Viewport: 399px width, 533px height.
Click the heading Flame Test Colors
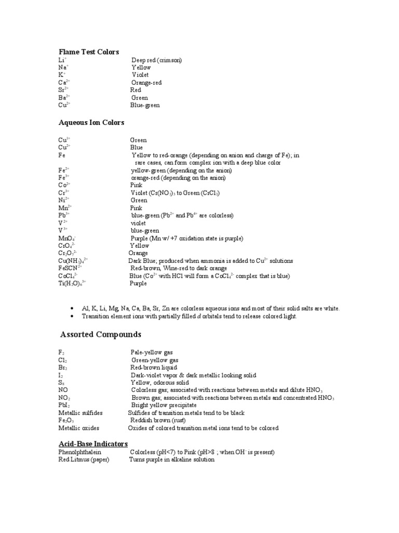pos(88,52)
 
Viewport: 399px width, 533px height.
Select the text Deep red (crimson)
pos(156,60)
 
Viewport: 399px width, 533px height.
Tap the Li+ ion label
pos(62,60)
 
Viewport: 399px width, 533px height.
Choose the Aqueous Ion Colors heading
pos(91,122)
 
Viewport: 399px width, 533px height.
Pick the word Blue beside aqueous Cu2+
pos(136,147)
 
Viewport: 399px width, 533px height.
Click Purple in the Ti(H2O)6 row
pos(138,284)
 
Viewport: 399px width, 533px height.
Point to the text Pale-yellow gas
pos(152,352)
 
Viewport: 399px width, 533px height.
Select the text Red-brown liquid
pos(154,367)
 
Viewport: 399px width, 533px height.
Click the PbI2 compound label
pos(64,405)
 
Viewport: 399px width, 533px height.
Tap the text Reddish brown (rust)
pos(158,420)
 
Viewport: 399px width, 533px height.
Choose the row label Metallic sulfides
pos(81,413)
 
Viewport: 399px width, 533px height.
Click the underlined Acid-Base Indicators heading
pos(93,443)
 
